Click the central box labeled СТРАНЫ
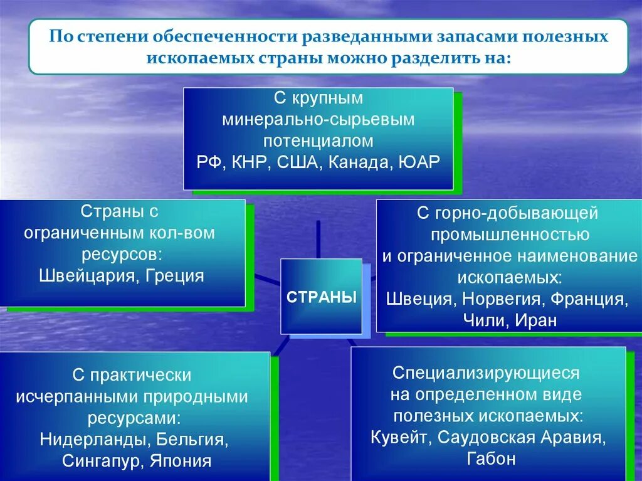coord(322,296)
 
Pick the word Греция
coord(175,276)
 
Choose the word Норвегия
coord(503,299)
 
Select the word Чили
coord(486,320)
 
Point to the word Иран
coord(536,320)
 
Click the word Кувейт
coord(401,438)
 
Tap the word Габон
coord(491,458)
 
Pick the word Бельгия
coord(191,440)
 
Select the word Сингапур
coord(102,462)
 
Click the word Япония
coord(181,461)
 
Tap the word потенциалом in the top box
coord(318,141)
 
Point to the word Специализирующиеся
coord(486,373)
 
